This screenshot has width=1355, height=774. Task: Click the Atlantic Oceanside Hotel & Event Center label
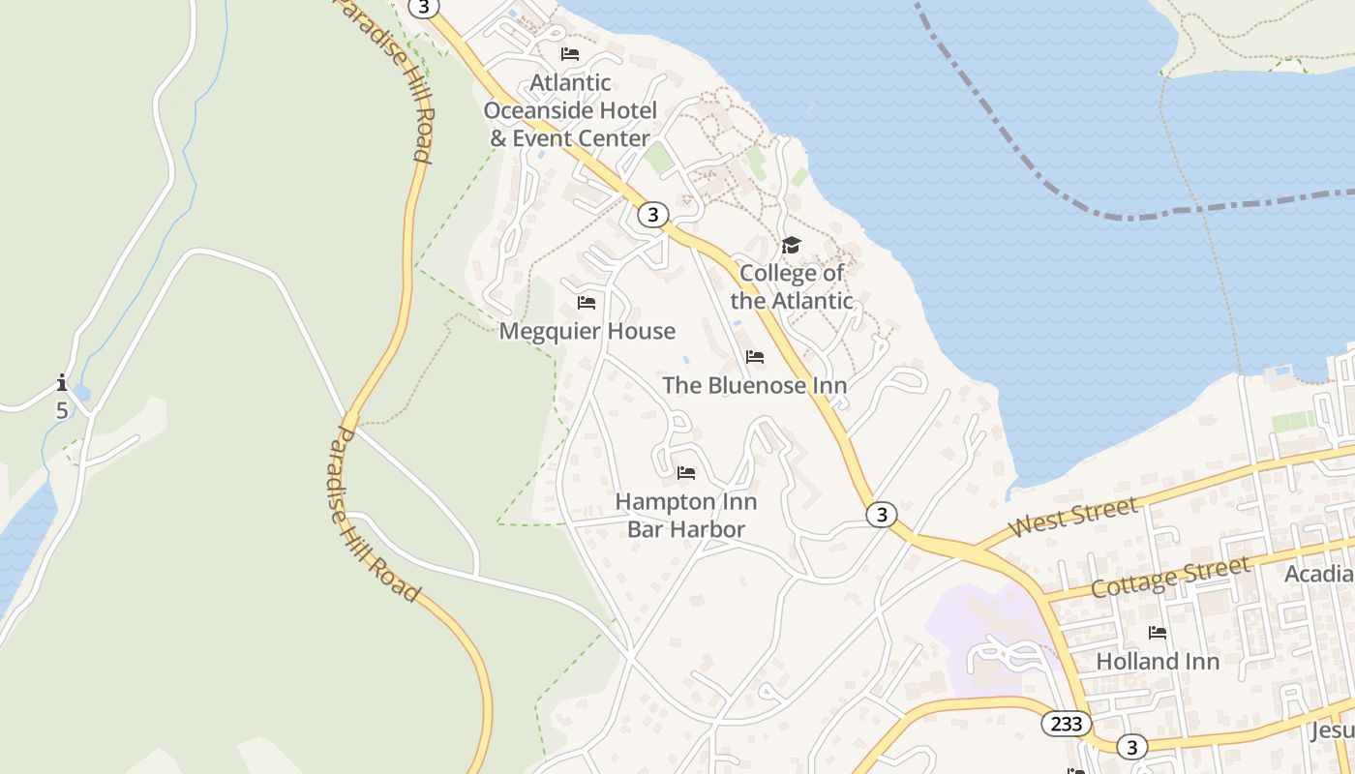tap(570, 110)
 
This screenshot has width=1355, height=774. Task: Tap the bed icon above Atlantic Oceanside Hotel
tap(570, 54)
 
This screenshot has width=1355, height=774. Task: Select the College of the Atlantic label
tap(792, 286)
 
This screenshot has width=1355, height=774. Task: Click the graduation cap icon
tap(792, 245)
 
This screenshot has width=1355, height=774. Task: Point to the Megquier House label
tap(587, 331)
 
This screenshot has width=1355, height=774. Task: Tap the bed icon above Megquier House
tap(587, 302)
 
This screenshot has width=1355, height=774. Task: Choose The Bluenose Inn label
tap(754, 385)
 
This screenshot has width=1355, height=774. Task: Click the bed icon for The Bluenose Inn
tap(755, 357)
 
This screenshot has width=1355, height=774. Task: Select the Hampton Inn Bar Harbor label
tap(686, 516)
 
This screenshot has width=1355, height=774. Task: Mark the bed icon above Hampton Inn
tap(686, 473)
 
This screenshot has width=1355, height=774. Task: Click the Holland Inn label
tap(1157, 662)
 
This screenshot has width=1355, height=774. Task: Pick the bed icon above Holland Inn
tap(1157, 633)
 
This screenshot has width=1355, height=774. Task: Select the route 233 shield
tap(1067, 724)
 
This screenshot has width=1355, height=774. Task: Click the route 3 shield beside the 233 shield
tap(1130, 747)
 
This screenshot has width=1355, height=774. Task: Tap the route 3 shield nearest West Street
tap(881, 515)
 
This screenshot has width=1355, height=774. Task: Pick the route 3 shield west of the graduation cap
tap(653, 215)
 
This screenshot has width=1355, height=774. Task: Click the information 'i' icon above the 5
tap(62, 382)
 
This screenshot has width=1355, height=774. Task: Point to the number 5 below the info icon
tap(62, 410)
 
